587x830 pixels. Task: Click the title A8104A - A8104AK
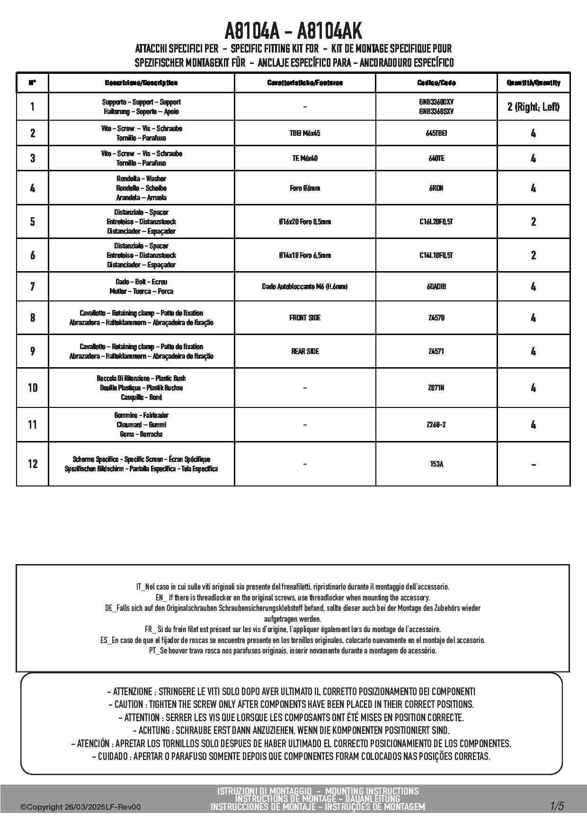[293, 31]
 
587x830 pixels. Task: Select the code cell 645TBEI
[436, 133]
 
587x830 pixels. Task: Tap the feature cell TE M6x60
[305, 159]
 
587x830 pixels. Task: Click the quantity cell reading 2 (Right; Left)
[533, 107]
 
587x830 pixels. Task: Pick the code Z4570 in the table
[436, 318]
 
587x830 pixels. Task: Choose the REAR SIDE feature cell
[305, 352]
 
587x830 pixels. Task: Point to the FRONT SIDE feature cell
[305, 318]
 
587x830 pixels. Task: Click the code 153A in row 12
[436, 464]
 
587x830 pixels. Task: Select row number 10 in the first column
[32, 388]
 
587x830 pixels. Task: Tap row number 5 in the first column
[32, 221]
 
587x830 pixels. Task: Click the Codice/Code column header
[436, 83]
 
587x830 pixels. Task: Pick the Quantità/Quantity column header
[533, 83]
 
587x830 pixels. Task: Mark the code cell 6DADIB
[436, 287]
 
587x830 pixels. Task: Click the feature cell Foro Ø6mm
[305, 188]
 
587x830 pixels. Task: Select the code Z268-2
[436, 425]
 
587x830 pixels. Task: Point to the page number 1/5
[557, 806]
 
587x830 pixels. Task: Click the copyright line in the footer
[80, 807]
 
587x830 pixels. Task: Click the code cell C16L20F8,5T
[436, 221]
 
